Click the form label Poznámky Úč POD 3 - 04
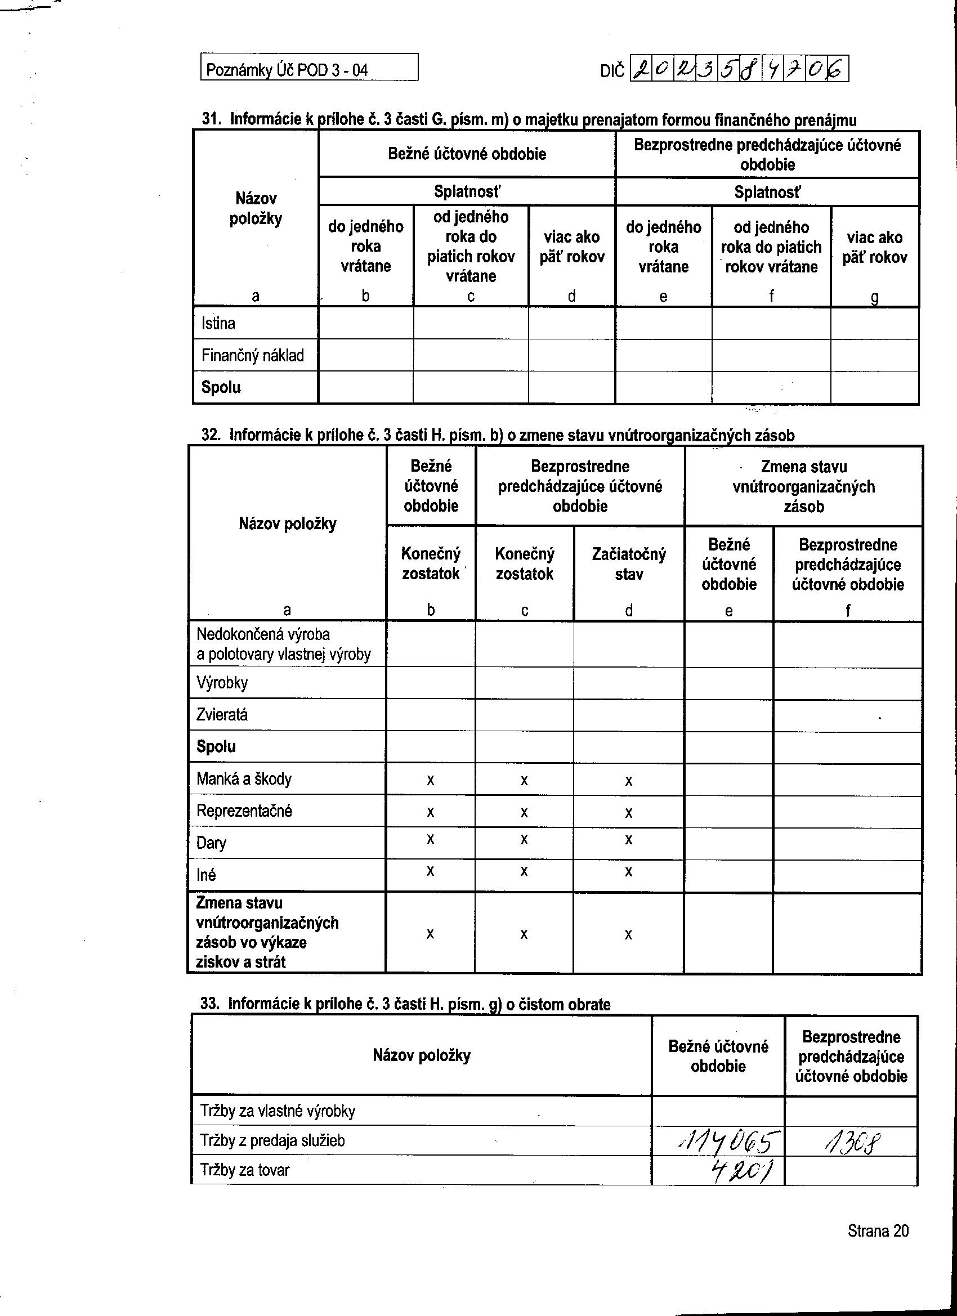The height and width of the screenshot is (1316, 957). pos(287,70)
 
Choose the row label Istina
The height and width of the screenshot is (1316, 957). pos(218,323)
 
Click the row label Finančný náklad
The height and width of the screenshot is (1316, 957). pos(252,355)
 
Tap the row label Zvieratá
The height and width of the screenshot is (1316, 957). pos(222,714)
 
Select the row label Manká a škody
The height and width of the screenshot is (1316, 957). pos(244,778)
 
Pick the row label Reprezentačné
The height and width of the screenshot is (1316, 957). pos(244,811)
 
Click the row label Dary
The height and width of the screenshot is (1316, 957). pos(211,843)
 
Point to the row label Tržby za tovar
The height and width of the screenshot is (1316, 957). pos(244,1170)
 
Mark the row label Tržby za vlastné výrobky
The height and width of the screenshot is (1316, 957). pos(278,1111)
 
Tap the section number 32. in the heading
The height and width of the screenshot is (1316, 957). pos(211,435)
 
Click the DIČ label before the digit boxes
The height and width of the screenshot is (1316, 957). pos(613,71)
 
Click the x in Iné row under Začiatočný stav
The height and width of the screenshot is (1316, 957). pos(628,871)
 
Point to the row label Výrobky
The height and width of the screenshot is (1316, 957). pos(222,682)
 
